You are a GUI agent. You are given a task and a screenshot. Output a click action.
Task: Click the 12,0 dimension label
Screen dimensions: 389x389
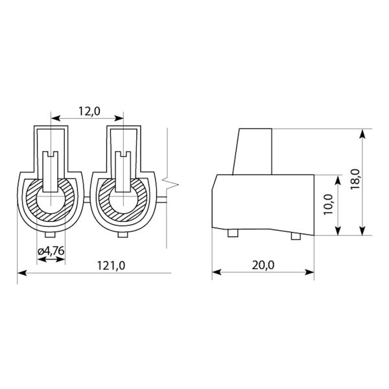tap(89, 112)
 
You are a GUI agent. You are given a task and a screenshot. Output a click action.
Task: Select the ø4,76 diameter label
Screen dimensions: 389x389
tap(51, 251)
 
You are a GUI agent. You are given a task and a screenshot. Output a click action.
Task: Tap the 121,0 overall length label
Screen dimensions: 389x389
tap(111, 266)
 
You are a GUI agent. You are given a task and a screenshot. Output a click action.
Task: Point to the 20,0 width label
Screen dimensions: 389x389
tap(263, 265)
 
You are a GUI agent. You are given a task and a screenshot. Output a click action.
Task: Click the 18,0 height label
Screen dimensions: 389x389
tap(355, 180)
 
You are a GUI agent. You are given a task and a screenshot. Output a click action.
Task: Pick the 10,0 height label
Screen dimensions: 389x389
tap(328, 205)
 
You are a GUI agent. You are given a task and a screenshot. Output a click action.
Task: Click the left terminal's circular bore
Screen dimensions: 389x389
tap(51, 200)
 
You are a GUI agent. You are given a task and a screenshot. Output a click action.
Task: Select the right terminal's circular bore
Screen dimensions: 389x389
tap(123, 200)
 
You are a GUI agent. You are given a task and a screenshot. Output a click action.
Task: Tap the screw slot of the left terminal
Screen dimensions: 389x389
tap(51, 154)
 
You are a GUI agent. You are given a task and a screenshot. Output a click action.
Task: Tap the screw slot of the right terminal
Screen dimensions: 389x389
tap(124, 154)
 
